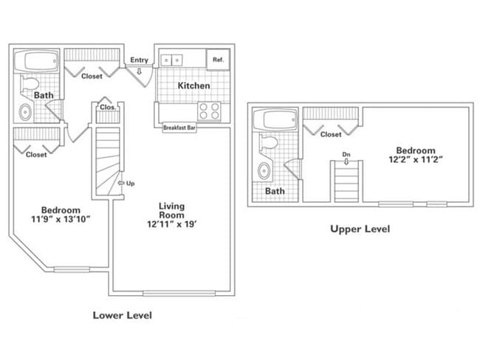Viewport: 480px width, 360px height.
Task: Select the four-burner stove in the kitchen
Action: (209, 111)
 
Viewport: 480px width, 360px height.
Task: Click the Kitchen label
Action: (194, 86)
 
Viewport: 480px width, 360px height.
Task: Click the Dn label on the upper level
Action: (345, 154)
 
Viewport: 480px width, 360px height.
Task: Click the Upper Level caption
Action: (359, 229)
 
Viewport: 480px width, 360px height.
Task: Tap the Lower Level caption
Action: (122, 315)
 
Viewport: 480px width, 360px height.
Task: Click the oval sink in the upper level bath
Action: (264, 171)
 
